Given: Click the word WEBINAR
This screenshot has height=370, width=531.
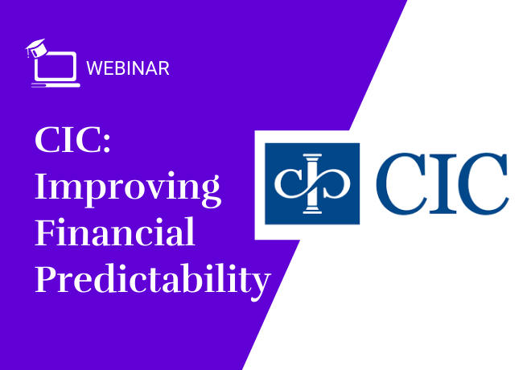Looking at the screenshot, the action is [128, 68].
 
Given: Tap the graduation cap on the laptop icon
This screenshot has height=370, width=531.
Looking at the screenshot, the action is [36, 47].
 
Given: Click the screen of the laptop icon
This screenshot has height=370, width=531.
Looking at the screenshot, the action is [56, 67].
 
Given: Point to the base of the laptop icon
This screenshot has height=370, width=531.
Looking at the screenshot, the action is [56, 85].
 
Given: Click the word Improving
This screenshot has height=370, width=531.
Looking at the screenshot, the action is [128, 188].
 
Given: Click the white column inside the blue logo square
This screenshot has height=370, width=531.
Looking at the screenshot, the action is [312, 184].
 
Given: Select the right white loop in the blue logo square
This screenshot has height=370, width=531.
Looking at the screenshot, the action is [334, 183].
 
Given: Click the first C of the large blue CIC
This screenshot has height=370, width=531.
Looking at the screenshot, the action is [401, 183].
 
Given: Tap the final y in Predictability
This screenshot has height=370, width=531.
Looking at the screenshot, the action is [259, 286].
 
